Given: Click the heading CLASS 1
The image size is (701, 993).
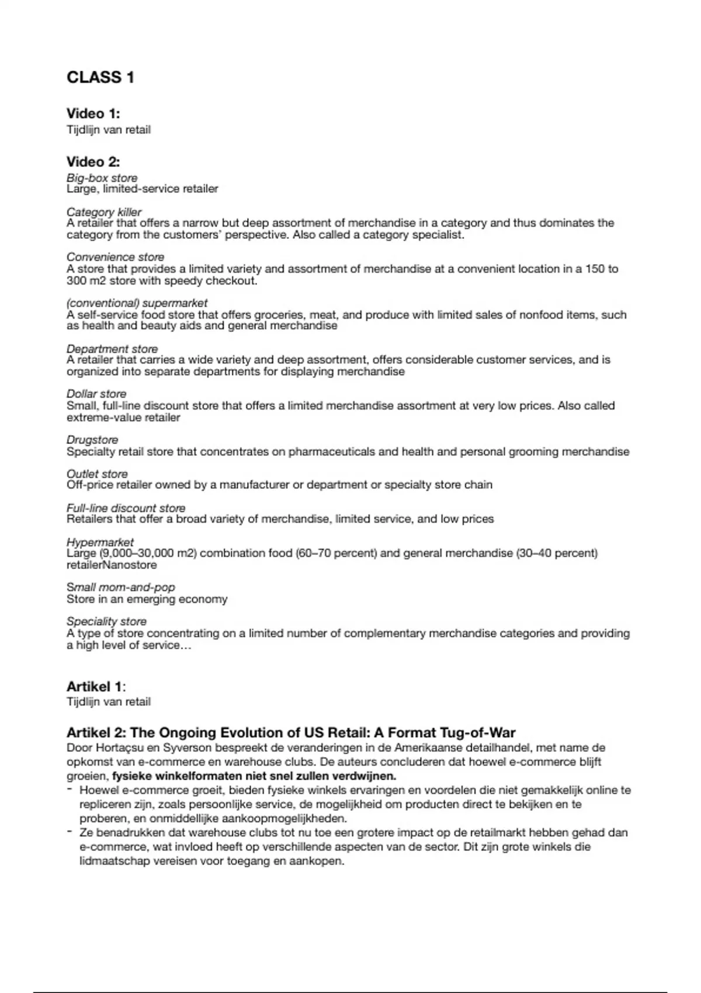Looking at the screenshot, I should pyautogui.click(x=100, y=77).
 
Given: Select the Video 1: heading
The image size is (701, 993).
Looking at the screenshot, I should pyautogui.click(x=93, y=113).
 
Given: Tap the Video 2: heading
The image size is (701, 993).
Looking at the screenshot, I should pyautogui.click(x=93, y=162).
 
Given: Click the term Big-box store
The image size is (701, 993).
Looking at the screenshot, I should pyautogui.click(x=102, y=178).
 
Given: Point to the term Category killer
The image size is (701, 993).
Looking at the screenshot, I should pyautogui.click(x=103, y=212).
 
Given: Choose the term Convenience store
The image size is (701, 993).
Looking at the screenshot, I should pyautogui.click(x=115, y=257).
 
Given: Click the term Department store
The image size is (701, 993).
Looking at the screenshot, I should pyautogui.click(x=112, y=349).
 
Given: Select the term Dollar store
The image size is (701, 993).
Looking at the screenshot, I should pyautogui.click(x=96, y=394).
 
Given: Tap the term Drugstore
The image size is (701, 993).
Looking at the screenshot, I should pyautogui.click(x=92, y=440).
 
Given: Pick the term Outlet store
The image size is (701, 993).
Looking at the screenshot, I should pyautogui.click(x=96, y=474).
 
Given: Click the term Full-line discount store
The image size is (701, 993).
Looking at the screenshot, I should pyautogui.click(x=126, y=508).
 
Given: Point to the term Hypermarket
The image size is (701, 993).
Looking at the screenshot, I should pyautogui.click(x=100, y=542).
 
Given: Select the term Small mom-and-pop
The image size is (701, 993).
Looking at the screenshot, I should pyautogui.click(x=120, y=587).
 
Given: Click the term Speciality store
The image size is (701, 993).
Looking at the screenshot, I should pyautogui.click(x=106, y=622).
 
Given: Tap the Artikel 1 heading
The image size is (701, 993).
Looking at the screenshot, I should pyautogui.click(x=95, y=686).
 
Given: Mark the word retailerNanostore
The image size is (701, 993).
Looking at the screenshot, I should pyautogui.click(x=111, y=565).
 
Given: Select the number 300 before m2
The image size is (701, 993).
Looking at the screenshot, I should pyautogui.click(x=76, y=281).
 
